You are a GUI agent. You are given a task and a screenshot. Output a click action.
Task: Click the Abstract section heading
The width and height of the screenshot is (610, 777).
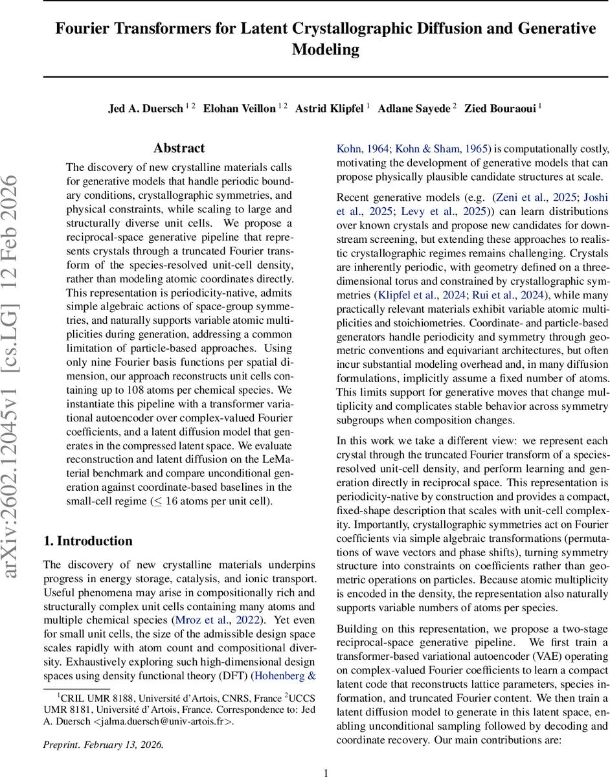tap(179, 148)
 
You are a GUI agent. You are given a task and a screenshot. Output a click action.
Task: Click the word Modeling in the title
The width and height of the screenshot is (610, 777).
tap(325, 49)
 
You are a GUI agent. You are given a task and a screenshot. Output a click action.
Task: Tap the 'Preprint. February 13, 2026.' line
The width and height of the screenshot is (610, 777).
tap(104, 745)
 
